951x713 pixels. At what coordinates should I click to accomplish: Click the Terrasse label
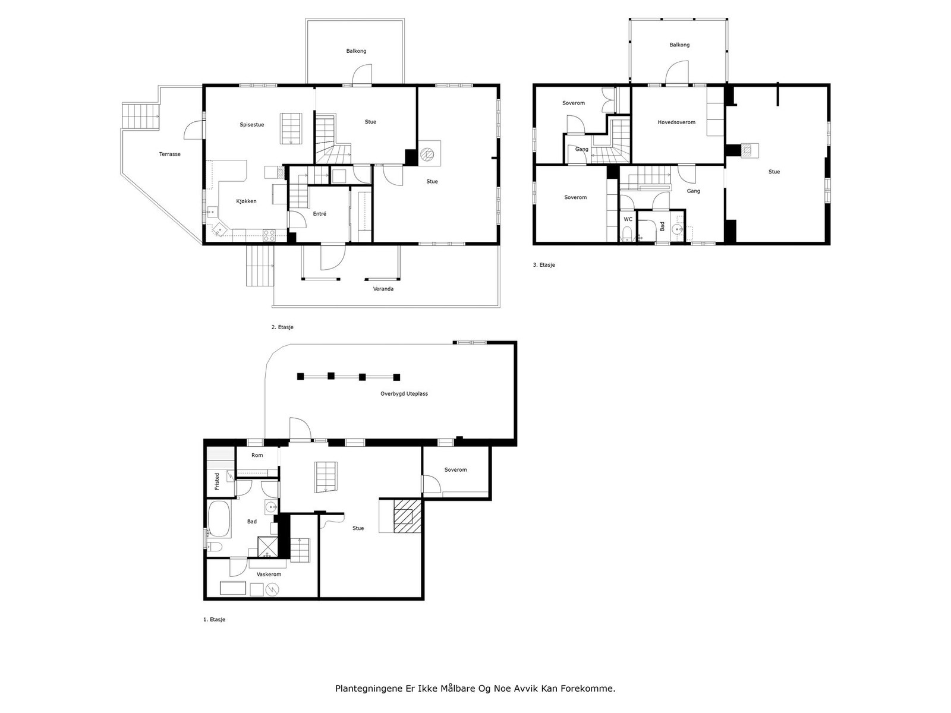pyautogui.click(x=169, y=154)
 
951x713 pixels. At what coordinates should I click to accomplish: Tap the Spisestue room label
pyautogui.click(x=252, y=125)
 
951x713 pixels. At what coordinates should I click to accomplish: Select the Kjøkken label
pyautogui.click(x=246, y=201)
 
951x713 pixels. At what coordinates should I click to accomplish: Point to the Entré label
pyautogui.click(x=319, y=214)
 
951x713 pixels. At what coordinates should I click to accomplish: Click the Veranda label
pyautogui.click(x=383, y=289)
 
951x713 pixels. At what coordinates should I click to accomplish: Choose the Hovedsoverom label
pyautogui.click(x=676, y=122)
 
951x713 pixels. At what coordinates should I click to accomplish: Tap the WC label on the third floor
pyautogui.click(x=628, y=219)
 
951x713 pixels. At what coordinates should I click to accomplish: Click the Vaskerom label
pyautogui.click(x=269, y=575)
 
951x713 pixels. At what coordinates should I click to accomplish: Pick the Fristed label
pyautogui.click(x=217, y=481)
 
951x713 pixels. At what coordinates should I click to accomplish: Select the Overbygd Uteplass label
pyautogui.click(x=404, y=394)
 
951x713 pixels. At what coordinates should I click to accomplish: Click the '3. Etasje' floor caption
pyautogui.click(x=544, y=265)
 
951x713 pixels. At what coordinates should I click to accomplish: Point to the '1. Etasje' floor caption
pyautogui.click(x=214, y=620)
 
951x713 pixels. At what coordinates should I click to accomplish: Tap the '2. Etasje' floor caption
pyautogui.click(x=282, y=327)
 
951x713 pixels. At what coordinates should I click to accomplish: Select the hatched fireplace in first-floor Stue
pyautogui.click(x=407, y=516)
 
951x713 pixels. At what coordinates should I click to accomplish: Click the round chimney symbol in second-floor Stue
pyautogui.click(x=427, y=154)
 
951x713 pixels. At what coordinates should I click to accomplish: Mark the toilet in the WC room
pyautogui.click(x=627, y=234)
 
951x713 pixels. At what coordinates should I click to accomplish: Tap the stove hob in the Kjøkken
pyautogui.click(x=269, y=235)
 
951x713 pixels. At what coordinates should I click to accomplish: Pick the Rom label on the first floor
pyautogui.click(x=257, y=455)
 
